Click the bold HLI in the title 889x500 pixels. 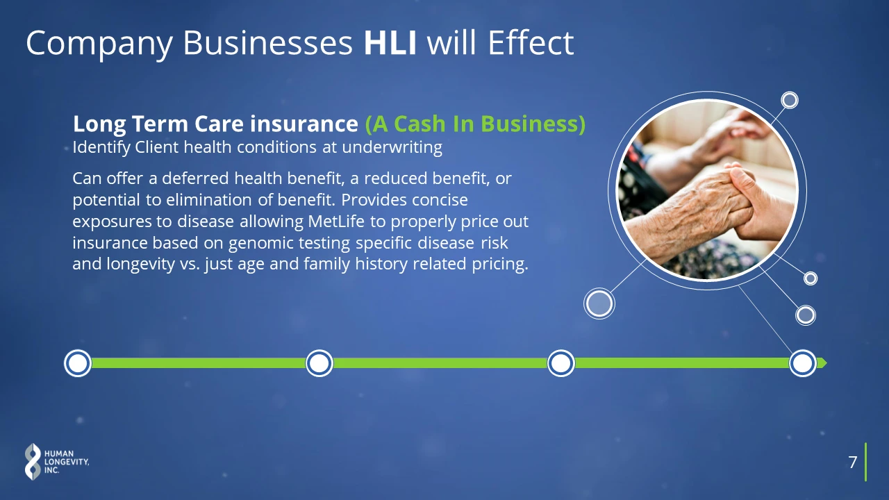click(390, 42)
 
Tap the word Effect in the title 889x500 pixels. click(531, 42)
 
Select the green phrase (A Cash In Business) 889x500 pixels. click(475, 124)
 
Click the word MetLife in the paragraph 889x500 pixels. click(335, 221)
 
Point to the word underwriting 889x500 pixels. click(392, 147)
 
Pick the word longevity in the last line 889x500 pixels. click(140, 265)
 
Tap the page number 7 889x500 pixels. click(852, 462)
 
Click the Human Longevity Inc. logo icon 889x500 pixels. click(33, 462)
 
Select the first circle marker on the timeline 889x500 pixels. click(78, 363)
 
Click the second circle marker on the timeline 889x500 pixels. click(319, 363)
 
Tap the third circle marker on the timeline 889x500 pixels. click(560, 363)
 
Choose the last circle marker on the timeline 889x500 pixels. click(802, 363)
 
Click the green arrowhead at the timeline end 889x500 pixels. click(824, 363)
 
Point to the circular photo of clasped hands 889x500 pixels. click(707, 190)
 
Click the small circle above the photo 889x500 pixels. click(790, 100)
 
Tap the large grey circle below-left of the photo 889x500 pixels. click(599, 303)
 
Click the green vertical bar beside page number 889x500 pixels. click(865, 462)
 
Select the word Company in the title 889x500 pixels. click(99, 44)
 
